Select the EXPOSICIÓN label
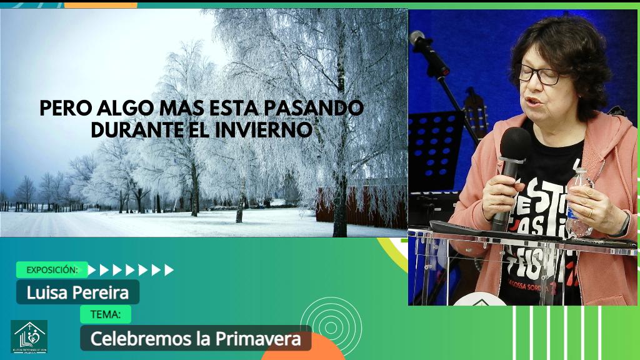coord(52,270)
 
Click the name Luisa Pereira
coord(77,292)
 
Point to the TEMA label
coord(106,314)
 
